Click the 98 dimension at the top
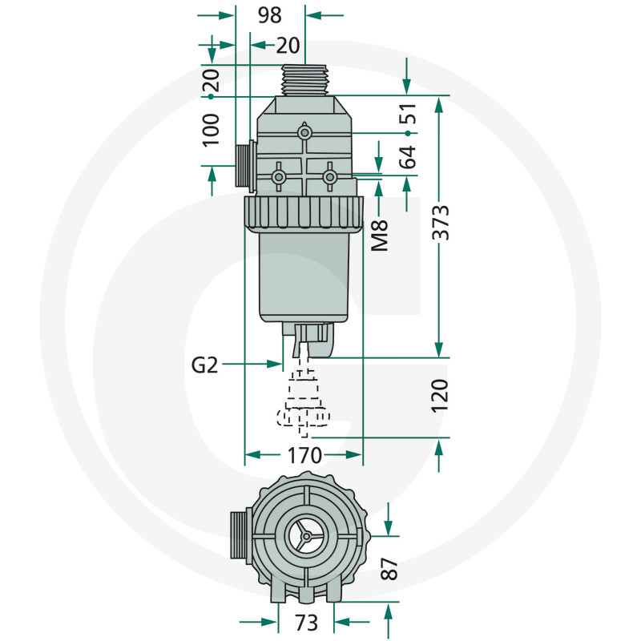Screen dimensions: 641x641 click(x=270, y=15)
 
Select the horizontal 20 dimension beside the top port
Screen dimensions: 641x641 click(x=288, y=46)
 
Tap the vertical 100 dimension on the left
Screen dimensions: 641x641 click(x=211, y=129)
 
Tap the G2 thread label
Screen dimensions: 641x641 click(x=205, y=365)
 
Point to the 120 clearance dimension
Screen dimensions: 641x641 click(x=440, y=396)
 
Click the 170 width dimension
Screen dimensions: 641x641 click(x=304, y=456)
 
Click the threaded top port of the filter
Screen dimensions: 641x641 click(x=305, y=80)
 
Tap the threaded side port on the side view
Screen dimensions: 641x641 click(x=244, y=166)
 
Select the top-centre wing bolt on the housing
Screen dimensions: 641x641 click(x=304, y=132)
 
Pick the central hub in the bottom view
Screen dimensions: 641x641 click(x=305, y=539)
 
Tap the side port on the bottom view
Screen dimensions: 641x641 click(x=239, y=535)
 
